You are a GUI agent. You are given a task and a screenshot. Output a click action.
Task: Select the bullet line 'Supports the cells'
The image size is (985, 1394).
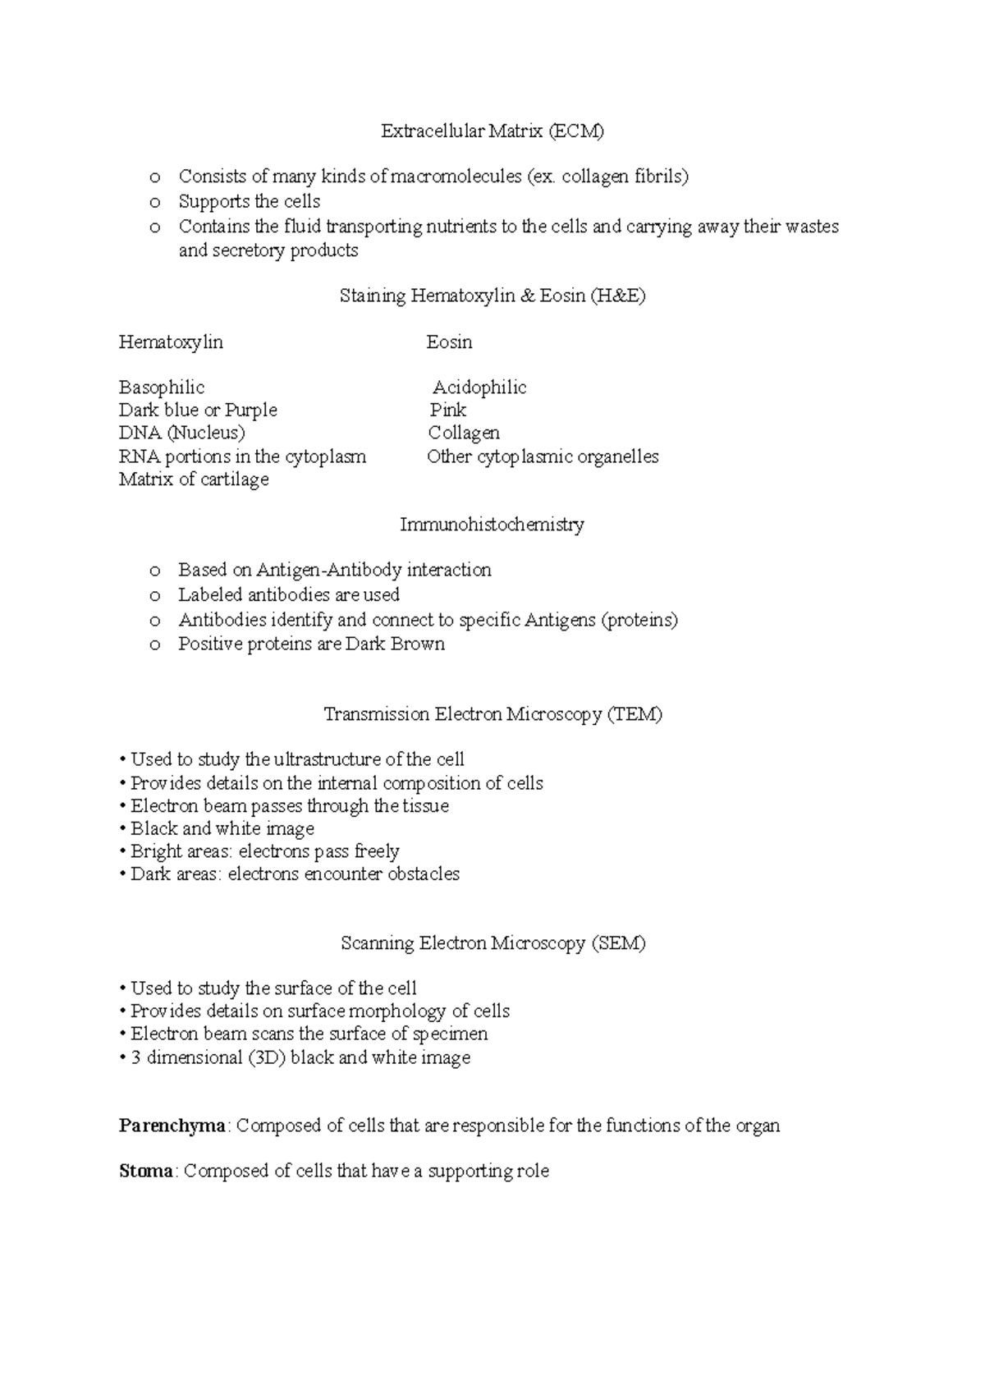point(250,202)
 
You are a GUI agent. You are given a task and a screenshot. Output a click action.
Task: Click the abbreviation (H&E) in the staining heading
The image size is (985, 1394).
point(617,296)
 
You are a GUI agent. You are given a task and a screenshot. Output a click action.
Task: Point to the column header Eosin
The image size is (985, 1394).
point(449,342)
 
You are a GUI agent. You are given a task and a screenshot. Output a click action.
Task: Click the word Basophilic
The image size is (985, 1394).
point(162,387)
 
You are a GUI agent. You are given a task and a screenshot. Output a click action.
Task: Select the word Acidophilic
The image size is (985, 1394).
point(479,387)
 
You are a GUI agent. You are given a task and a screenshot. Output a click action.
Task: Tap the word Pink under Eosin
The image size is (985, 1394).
point(448,410)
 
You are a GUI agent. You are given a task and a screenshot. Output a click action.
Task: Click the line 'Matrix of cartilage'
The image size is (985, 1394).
point(194,479)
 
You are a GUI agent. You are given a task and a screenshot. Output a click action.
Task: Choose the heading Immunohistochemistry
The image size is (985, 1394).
point(492,525)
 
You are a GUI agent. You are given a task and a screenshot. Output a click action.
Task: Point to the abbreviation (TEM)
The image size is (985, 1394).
point(635,715)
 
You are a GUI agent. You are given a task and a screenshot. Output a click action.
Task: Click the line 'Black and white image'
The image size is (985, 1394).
point(222,828)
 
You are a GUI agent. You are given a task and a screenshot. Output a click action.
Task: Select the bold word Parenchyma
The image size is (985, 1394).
point(172,1126)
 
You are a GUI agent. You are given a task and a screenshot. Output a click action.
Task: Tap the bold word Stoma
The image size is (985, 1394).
point(146,1172)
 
